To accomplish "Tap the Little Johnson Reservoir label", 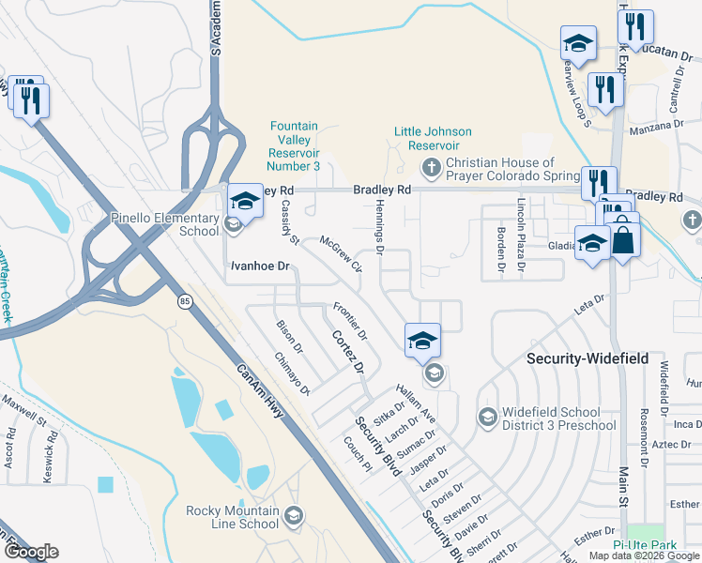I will point(433,138).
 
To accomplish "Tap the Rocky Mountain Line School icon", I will point(294,516).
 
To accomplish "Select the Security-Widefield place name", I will point(586,358).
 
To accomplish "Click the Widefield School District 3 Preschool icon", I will point(487,416).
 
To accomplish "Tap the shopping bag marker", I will point(624,239).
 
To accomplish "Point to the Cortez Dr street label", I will point(346,351).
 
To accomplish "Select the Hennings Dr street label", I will point(380,230).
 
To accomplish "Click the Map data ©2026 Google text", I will point(643,555).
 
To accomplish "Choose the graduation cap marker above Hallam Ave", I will point(422,341).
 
